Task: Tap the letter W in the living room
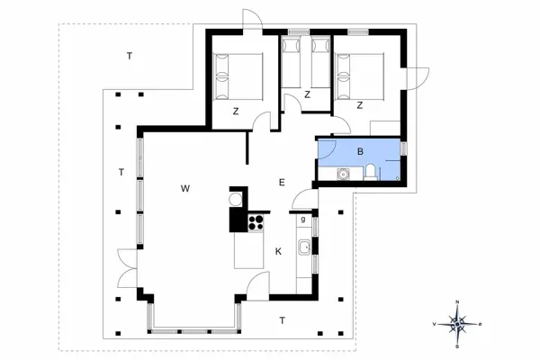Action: pos(184,189)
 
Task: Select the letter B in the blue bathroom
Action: pos(360,151)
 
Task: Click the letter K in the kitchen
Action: pos(278,251)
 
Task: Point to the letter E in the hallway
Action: pos(282,183)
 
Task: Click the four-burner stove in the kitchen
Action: pos(256,220)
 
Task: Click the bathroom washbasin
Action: pos(342,173)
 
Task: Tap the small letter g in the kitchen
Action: pos(303,219)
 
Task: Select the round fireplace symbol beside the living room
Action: pos(237,198)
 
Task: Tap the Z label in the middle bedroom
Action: pos(307,94)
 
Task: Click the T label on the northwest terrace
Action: pos(130,57)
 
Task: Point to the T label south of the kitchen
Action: pos(282,320)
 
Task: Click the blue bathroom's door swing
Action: pos(327,151)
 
